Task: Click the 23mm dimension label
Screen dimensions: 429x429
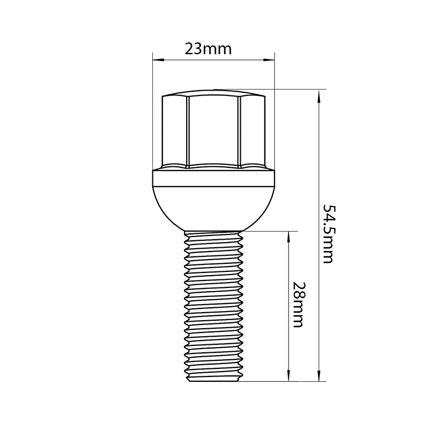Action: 208,49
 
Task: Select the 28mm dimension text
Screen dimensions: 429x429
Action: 298,305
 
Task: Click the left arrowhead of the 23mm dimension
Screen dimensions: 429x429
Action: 158,60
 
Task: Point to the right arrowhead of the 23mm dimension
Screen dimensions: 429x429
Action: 269,60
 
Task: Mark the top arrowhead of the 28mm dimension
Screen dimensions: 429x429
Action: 288,238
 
